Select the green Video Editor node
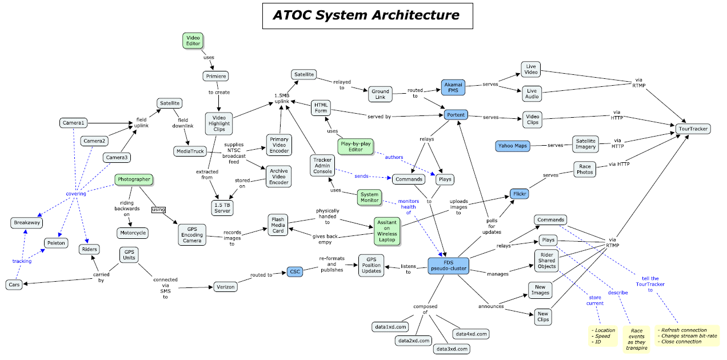click(x=193, y=40)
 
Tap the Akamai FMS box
click(x=453, y=87)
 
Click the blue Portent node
click(x=456, y=115)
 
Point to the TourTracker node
click(x=693, y=129)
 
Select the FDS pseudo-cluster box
click(x=449, y=265)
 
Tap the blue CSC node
click(x=294, y=272)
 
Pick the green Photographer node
click(x=134, y=179)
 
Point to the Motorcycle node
click(x=133, y=233)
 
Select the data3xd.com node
click(x=451, y=349)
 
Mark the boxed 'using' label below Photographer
click(x=158, y=210)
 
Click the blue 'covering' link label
click(x=75, y=194)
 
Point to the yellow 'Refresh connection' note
click(x=688, y=335)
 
